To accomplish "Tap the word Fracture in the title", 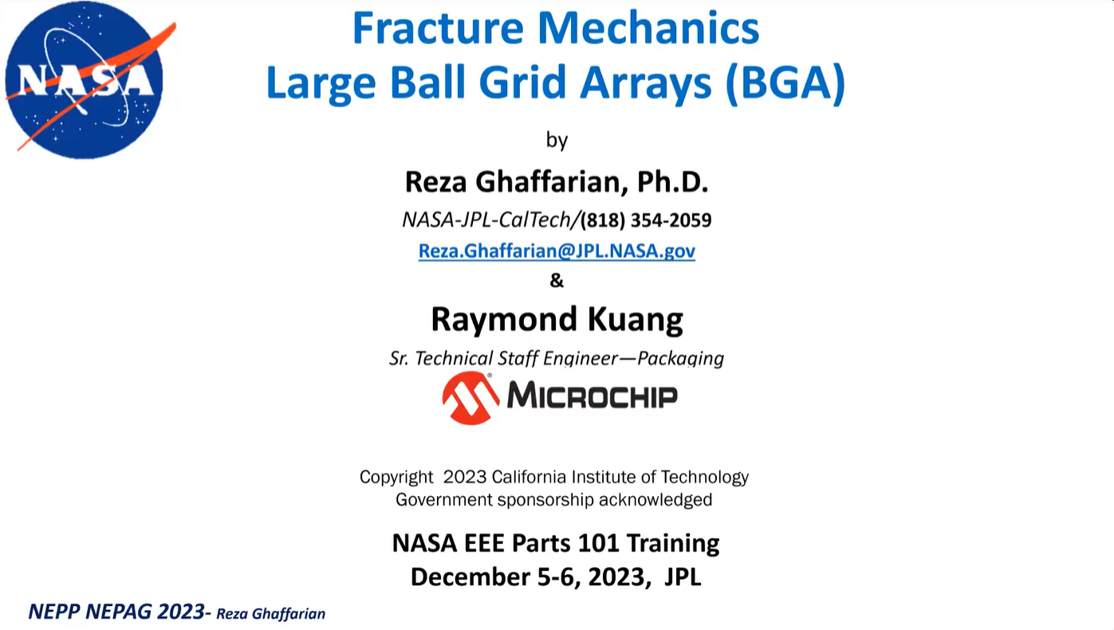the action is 438,28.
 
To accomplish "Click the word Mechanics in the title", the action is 648,28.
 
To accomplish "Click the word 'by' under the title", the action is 557,140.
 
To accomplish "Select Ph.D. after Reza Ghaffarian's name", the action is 672,182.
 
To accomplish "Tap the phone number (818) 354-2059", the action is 646,220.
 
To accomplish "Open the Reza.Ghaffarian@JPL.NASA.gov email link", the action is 557,251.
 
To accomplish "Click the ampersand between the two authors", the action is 557,281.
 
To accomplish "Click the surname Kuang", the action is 635,319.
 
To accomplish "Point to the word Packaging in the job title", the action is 680,359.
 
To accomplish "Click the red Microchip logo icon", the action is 470,398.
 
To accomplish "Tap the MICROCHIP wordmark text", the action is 592,396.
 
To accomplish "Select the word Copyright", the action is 396,478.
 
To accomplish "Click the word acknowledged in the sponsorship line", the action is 655,499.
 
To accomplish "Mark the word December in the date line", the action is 470,577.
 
